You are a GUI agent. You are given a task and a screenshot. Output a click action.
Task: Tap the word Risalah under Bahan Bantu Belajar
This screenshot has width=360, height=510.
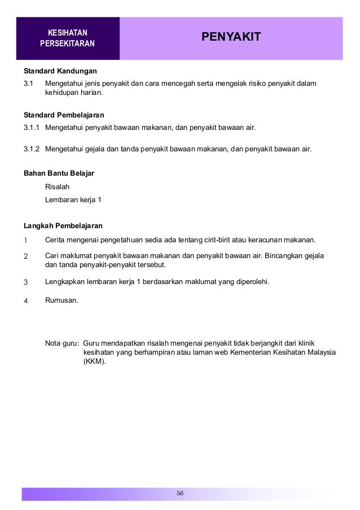58,186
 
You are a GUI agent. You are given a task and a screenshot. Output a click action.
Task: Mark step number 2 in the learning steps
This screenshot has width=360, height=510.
25,255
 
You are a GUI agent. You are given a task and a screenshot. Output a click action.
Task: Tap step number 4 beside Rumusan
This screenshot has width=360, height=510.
25,300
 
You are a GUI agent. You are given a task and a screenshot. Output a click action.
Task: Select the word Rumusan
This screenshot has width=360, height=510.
62,300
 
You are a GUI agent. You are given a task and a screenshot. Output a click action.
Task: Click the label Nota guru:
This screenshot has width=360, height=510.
62,343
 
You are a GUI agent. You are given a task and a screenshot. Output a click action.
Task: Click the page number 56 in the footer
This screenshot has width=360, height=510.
180,494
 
